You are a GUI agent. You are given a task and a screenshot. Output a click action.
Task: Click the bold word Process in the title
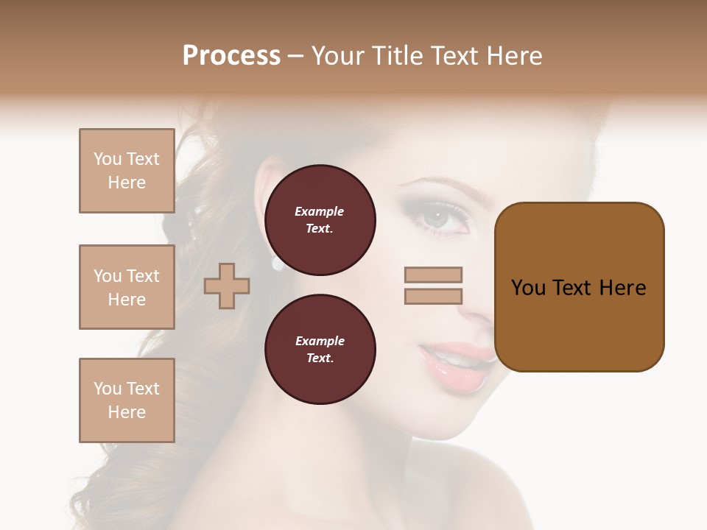(231, 55)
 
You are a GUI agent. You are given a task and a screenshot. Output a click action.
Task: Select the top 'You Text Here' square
(127, 171)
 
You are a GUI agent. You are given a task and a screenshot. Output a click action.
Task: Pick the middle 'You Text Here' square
(127, 287)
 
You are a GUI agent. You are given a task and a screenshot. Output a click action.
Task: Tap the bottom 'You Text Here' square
(127, 400)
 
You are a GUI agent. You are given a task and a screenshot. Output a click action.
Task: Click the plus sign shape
(227, 286)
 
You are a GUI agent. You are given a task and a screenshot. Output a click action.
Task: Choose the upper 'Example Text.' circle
(320, 219)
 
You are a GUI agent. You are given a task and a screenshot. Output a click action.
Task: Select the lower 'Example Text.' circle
(320, 349)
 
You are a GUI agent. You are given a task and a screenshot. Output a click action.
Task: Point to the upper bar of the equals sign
(433, 275)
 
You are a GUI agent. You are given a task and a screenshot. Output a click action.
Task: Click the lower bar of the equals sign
(433, 296)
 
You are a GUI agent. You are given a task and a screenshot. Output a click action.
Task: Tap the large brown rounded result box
(579, 287)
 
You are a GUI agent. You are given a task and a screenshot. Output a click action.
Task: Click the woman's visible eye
(437, 219)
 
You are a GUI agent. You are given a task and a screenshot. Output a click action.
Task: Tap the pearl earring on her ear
(278, 263)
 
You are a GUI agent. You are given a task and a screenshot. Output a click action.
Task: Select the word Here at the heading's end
(516, 56)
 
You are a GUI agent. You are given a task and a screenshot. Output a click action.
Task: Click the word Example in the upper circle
(320, 211)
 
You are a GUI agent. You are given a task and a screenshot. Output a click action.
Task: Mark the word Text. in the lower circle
(320, 358)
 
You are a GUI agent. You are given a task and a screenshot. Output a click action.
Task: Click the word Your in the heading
(338, 56)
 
